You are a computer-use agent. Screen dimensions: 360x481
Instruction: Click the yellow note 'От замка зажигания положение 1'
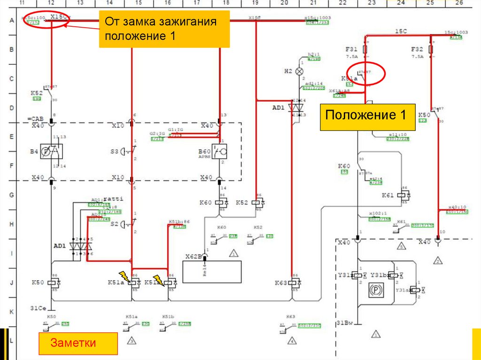[x=164, y=29]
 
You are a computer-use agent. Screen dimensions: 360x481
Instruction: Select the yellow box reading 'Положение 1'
[x=368, y=117]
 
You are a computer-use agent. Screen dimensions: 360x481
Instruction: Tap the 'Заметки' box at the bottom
[x=78, y=343]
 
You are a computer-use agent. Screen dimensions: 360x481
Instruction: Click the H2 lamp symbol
[x=301, y=71]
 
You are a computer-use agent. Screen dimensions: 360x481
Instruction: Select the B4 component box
[x=52, y=151]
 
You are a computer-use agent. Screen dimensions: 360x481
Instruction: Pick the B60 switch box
[x=218, y=151]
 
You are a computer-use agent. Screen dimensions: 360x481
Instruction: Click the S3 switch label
[x=115, y=151]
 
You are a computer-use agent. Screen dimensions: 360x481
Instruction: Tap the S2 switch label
[x=115, y=224]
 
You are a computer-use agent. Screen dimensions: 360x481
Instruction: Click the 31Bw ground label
[x=345, y=323]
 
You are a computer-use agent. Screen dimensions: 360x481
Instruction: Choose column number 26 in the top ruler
[x=459, y=3]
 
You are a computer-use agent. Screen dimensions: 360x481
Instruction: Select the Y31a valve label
[x=402, y=290]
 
